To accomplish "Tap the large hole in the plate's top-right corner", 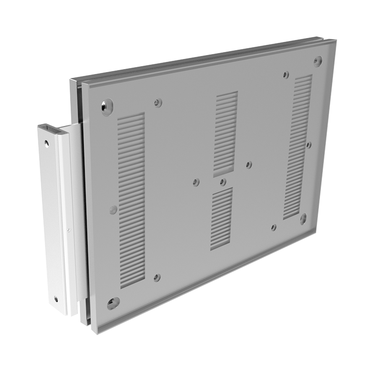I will (x=318, y=61).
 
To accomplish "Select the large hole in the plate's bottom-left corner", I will (x=113, y=303).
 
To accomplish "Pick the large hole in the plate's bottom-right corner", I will (x=303, y=218).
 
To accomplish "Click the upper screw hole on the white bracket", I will (x=46, y=143).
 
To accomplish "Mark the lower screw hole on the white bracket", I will (x=56, y=299).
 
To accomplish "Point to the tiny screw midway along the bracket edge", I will (x=68, y=229).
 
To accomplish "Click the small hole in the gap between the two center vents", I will (x=223, y=182).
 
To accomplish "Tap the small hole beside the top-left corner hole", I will (x=158, y=102).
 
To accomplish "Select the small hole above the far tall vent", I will (x=286, y=74).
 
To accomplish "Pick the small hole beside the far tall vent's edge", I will (x=309, y=145).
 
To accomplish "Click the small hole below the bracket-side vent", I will (x=157, y=278).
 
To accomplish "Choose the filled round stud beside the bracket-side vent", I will (x=113, y=210).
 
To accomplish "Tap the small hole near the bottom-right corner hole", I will (x=274, y=227).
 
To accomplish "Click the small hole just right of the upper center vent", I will (x=249, y=165).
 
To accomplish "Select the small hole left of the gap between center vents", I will (x=196, y=182).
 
